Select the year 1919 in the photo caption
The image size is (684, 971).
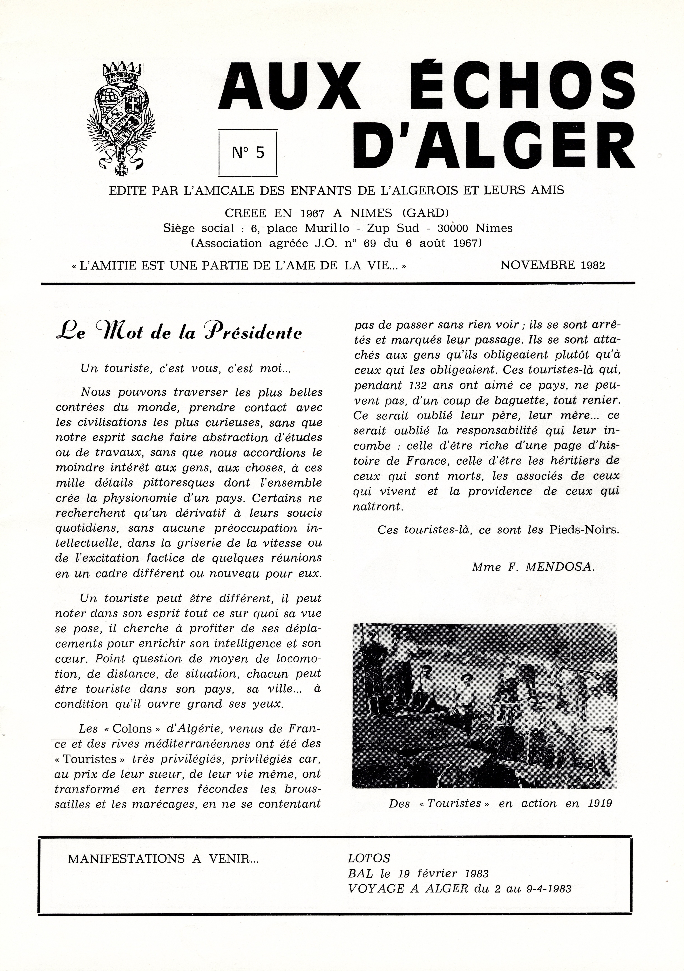pos(600,804)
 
